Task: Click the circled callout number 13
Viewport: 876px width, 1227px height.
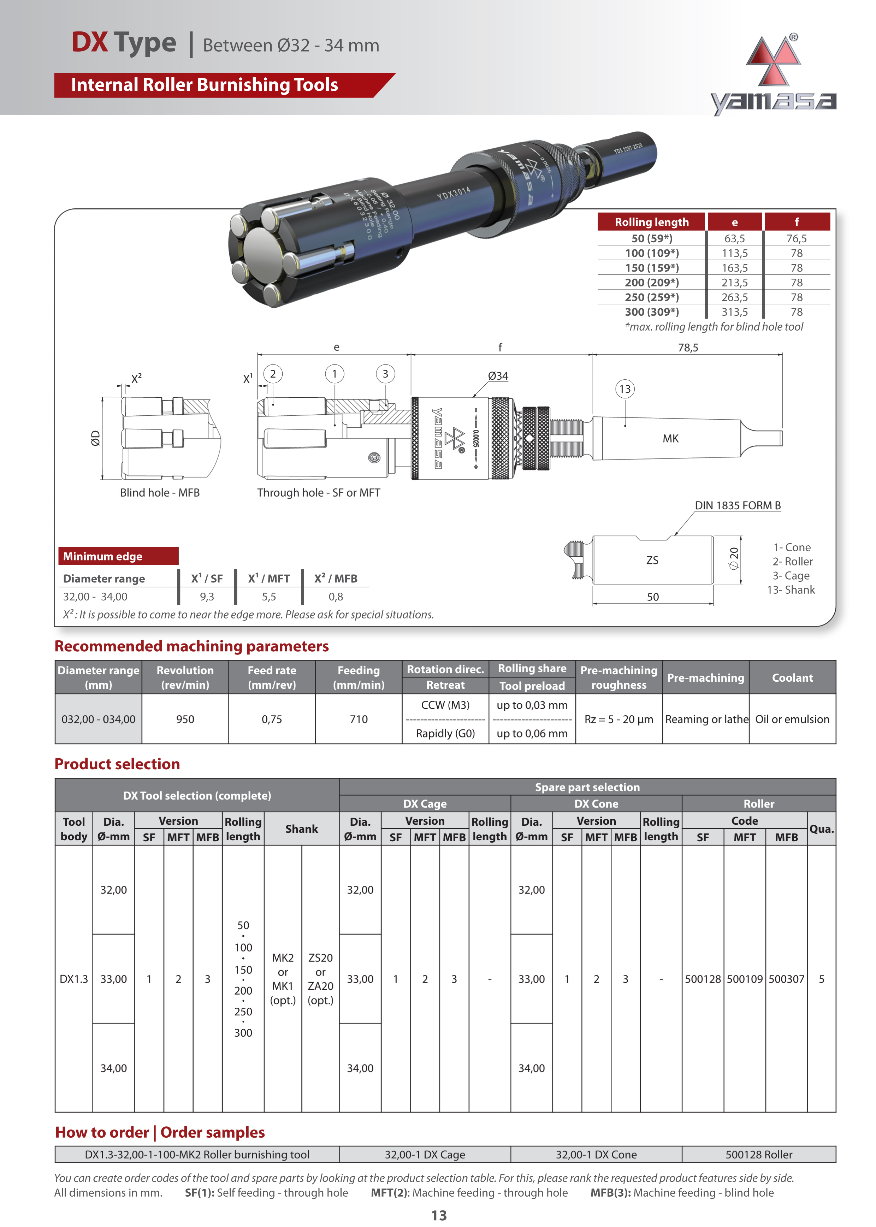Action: tap(624, 389)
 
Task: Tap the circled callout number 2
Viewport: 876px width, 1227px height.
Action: tap(273, 374)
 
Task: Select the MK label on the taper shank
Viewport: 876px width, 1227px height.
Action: tap(670, 438)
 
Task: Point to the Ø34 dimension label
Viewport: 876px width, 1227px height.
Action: tap(497, 376)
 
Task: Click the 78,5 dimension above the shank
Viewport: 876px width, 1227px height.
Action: tap(688, 348)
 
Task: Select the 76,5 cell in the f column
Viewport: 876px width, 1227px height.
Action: tap(796, 238)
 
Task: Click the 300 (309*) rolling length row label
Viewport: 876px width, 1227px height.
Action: tap(652, 312)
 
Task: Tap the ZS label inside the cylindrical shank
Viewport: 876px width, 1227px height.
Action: tap(652, 561)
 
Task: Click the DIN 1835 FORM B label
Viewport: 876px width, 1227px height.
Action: tap(738, 505)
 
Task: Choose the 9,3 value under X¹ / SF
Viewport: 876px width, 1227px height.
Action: tap(207, 597)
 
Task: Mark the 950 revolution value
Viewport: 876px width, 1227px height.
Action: tap(185, 719)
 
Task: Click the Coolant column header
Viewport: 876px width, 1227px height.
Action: tap(792, 677)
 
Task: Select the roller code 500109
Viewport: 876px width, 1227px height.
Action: tap(744, 979)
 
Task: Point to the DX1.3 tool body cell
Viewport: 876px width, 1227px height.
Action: tap(73, 979)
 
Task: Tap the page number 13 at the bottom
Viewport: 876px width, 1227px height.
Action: tap(439, 1215)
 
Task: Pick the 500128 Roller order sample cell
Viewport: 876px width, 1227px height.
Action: tap(758, 1154)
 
